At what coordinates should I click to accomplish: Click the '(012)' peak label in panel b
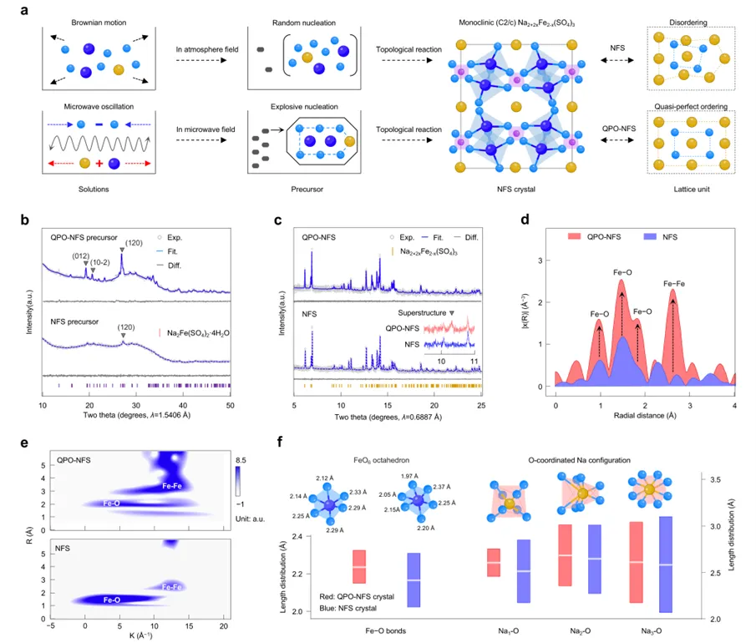[x=81, y=256]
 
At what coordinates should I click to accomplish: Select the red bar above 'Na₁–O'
[x=494, y=563]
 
